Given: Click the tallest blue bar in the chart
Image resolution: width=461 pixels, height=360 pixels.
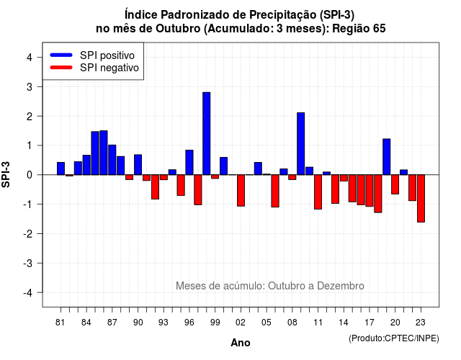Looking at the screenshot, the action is click(x=207, y=133).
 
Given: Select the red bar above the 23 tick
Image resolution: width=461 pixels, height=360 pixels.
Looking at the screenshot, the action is click(x=421, y=199).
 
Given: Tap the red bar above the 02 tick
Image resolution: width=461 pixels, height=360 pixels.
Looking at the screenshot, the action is click(x=241, y=190).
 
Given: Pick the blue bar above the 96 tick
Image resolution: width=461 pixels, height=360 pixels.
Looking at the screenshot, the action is click(x=189, y=162).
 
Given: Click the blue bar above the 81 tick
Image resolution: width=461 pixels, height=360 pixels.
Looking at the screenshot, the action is click(x=61, y=168).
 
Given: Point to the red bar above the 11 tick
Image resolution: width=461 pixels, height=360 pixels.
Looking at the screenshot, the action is click(x=318, y=192).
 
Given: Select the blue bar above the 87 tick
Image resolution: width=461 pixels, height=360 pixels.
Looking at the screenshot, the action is click(x=112, y=160).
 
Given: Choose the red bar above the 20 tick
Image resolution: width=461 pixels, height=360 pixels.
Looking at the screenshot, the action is click(x=395, y=184).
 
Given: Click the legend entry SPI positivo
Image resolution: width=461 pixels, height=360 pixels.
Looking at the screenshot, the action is click(x=107, y=55).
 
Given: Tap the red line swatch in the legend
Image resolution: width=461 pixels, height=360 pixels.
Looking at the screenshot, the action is click(x=61, y=68).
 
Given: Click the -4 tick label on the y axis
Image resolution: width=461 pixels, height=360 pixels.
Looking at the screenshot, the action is click(x=28, y=293).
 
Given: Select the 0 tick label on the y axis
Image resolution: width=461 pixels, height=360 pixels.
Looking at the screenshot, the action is click(x=30, y=175).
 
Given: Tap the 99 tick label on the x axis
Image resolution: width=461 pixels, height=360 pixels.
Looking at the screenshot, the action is click(x=215, y=323).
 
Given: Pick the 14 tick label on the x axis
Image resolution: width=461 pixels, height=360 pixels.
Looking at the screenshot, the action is click(x=344, y=323).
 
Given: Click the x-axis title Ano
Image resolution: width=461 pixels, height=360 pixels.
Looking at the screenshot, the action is click(x=241, y=343).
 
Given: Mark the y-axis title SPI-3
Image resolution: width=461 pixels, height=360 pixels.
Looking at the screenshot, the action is click(x=6, y=174).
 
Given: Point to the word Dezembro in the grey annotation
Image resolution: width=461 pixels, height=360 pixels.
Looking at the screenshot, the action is click(x=341, y=286).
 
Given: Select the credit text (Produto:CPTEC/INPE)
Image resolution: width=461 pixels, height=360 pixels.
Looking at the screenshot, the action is click(x=394, y=338).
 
